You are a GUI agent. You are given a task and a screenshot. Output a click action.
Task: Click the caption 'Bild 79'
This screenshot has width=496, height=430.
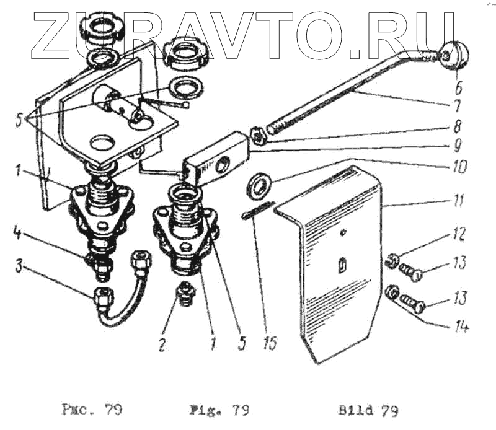point(368,410)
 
